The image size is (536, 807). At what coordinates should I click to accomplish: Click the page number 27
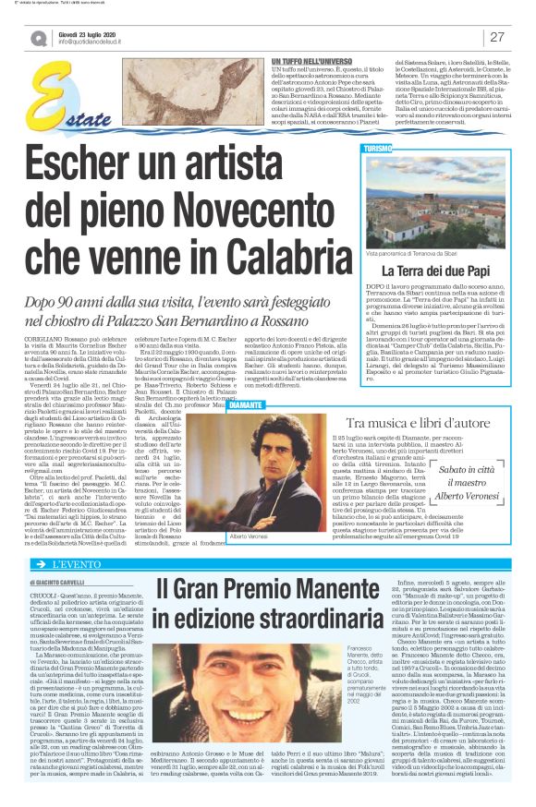[497, 37]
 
